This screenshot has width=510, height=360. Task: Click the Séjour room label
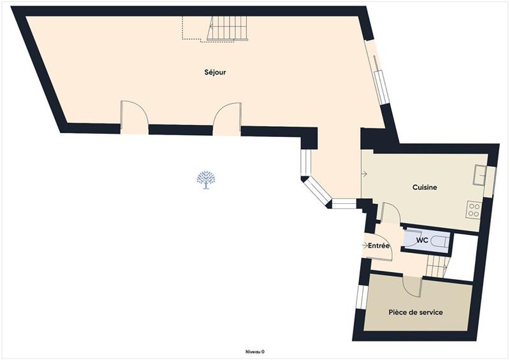point(216,73)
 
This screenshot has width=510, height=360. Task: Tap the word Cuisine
point(425,187)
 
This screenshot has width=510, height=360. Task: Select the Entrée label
point(379,245)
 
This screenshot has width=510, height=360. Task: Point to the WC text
point(421,240)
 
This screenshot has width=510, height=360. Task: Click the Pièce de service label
point(416,312)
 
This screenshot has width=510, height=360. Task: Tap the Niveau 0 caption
point(255,352)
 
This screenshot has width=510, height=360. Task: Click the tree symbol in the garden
point(205,180)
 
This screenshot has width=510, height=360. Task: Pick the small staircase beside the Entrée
point(437,263)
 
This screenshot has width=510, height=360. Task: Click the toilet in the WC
point(439,241)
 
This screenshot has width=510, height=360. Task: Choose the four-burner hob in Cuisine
point(473,210)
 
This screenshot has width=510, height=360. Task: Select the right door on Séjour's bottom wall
point(226,118)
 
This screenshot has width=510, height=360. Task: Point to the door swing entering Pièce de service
point(412,285)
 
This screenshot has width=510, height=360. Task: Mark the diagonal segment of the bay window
point(316,192)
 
